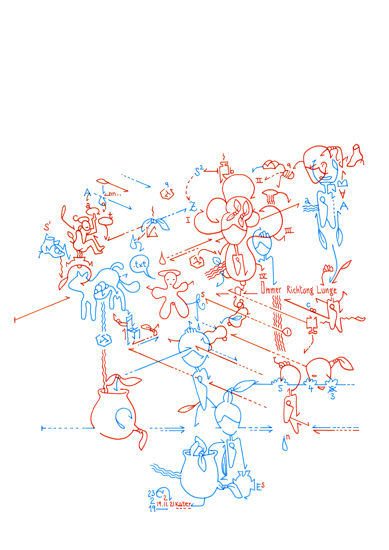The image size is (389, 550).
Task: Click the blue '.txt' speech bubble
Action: point(140,265)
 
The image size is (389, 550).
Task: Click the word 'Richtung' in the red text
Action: point(300,290)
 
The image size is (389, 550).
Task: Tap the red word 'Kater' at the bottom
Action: point(183,504)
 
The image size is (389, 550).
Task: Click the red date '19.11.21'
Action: point(165,504)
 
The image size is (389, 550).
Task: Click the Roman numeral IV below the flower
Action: point(263,276)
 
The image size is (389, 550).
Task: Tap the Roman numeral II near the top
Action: point(259,180)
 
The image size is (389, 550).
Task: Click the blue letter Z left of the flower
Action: point(193,206)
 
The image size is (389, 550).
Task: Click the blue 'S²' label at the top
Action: point(199,171)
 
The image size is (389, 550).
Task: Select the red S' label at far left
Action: point(47,227)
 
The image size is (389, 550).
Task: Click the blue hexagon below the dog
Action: point(104,340)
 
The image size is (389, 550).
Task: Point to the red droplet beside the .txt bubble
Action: point(162,259)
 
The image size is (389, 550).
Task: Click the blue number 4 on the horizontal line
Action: point(311,389)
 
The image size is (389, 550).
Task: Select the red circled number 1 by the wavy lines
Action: point(287,332)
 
